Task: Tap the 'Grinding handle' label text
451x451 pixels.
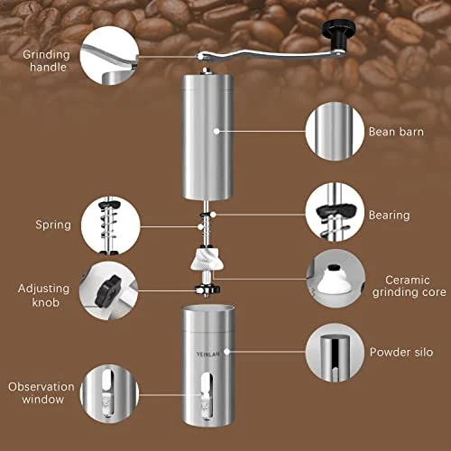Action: [47, 60]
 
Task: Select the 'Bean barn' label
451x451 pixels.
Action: [396, 132]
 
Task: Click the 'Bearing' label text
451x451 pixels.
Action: [390, 216]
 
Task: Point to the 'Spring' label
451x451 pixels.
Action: [53, 225]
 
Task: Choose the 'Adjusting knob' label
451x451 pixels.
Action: [44, 295]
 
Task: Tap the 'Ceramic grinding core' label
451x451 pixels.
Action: [409, 286]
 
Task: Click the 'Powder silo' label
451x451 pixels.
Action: [401, 352]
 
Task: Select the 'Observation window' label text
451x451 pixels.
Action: [41, 393]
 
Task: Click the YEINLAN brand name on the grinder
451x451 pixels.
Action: [207, 354]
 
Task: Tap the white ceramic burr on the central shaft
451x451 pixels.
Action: [205, 259]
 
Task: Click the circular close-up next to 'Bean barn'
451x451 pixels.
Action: [335, 132]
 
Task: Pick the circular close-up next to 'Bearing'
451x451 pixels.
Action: [335, 212]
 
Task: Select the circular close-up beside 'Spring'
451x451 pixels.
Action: [111, 226]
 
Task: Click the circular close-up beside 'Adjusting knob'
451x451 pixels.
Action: [109, 290]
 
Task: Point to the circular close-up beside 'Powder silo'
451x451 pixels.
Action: [335, 353]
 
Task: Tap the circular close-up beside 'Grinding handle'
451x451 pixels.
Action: [110, 55]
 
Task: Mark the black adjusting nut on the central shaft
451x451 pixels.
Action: [207, 290]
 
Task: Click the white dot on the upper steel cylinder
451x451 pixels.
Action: [216, 131]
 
